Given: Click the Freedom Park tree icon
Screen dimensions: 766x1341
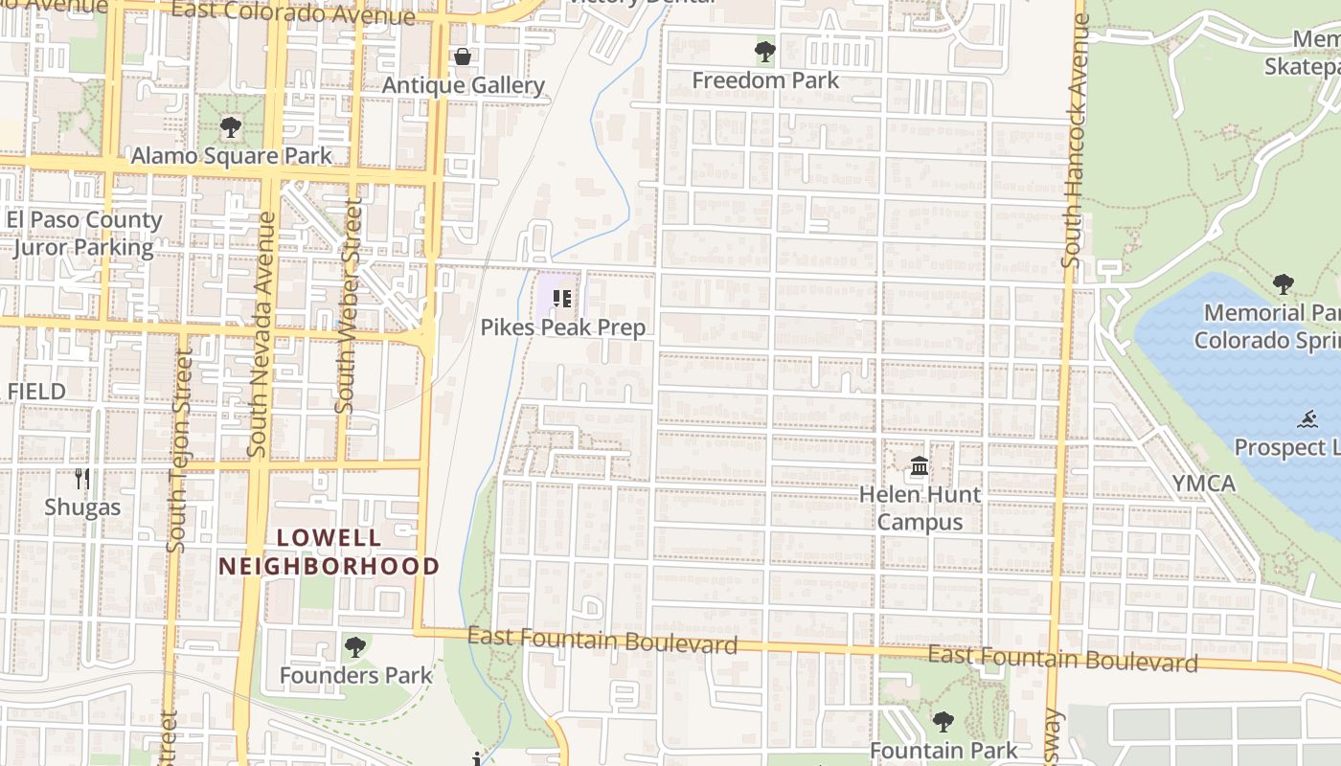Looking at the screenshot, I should (x=764, y=52).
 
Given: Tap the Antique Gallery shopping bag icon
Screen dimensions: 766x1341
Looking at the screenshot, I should (x=463, y=57).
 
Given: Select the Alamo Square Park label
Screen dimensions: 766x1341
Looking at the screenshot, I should (x=232, y=156).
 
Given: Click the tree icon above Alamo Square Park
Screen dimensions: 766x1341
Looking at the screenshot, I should (x=230, y=127).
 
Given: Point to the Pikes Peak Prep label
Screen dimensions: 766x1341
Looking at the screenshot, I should (x=563, y=327).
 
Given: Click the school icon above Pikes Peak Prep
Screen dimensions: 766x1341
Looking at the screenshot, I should (x=562, y=299).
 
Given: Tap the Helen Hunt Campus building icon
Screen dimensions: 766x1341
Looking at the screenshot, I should (x=920, y=467).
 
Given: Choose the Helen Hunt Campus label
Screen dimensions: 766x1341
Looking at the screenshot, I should (x=920, y=508).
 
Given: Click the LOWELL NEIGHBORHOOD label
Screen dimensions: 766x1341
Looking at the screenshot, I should (x=329, y=552).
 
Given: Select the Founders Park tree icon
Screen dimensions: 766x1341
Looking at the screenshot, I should (x=355, y=647).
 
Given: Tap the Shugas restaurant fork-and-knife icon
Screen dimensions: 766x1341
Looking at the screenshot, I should (x=82, y=478).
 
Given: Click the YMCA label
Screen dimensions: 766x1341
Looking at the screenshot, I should (x=1204, y=484).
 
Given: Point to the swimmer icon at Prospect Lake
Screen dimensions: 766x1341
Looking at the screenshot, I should (x=1308, y=419).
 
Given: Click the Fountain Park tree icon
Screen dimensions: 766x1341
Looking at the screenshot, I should (x=943, y=722).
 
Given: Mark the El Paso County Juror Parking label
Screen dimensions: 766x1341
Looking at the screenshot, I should (x=83, y=234).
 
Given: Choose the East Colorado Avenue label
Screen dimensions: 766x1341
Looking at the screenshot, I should (x=293, y=12).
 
